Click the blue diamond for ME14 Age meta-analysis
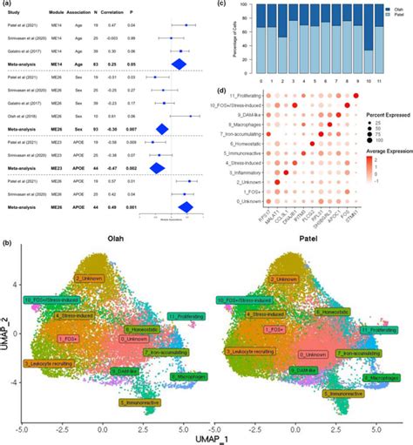179,64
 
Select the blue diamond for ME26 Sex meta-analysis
161,130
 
